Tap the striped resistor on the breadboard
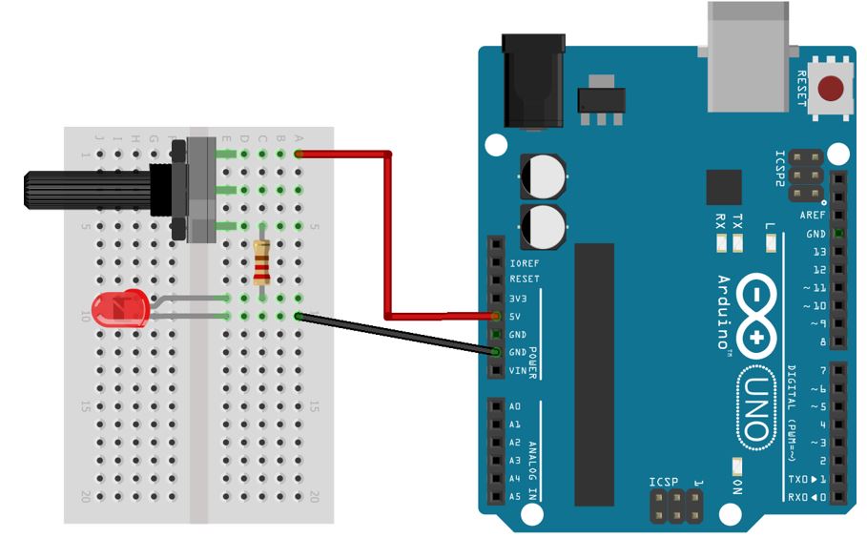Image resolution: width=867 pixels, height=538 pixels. (x=262, y=263)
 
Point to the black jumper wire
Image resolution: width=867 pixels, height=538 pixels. (x=396, y=334)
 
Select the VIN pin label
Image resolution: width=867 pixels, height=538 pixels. (x=518, y=371)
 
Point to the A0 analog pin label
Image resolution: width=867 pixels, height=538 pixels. (x=515, y=405)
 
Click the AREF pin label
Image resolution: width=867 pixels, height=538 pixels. (x=813, y=216)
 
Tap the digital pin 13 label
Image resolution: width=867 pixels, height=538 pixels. (x=817, y=252)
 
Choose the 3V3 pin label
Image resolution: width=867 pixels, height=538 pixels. (x=518, y=298)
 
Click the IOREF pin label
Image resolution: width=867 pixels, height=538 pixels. (x=525, y=261)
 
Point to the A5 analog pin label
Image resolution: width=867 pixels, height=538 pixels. (x=515, y=496)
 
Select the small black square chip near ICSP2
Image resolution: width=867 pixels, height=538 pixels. (x=724, y=187)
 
